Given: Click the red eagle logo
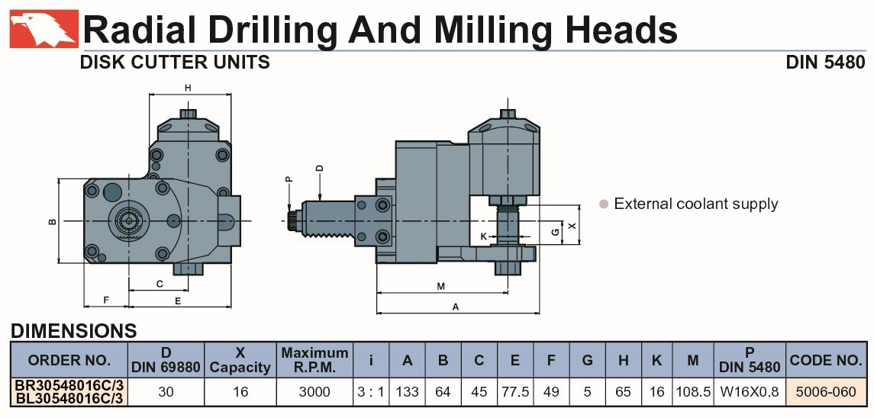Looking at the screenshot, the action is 44,29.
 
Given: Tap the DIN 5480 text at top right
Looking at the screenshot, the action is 825,62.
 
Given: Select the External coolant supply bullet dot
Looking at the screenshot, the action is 603,204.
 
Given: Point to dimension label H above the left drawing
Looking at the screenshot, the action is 188,88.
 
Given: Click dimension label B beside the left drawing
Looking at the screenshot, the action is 53,222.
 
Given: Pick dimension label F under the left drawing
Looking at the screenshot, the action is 106,301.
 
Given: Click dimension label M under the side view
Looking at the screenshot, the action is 441,287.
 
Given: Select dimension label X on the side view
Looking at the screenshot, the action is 571,226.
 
